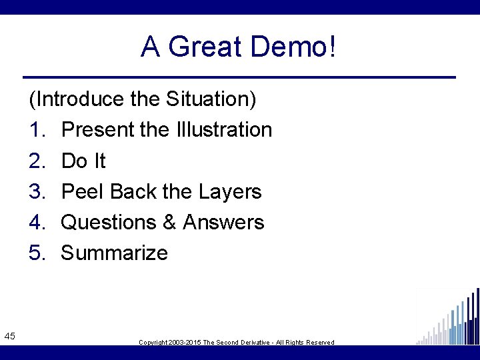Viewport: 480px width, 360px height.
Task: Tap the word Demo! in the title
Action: (x=294, y=47)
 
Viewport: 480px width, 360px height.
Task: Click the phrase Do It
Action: (x=83, y=161)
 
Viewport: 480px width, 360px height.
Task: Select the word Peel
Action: (x=83, y=191)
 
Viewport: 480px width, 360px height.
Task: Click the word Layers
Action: (x=229, y=192)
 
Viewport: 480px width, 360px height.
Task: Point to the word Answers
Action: (x=224, y=222)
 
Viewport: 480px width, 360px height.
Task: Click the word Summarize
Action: (x=114, y=253)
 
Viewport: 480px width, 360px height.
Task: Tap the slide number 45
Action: (x=9, y=335)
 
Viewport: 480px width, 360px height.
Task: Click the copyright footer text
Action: (x=236, y=342)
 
